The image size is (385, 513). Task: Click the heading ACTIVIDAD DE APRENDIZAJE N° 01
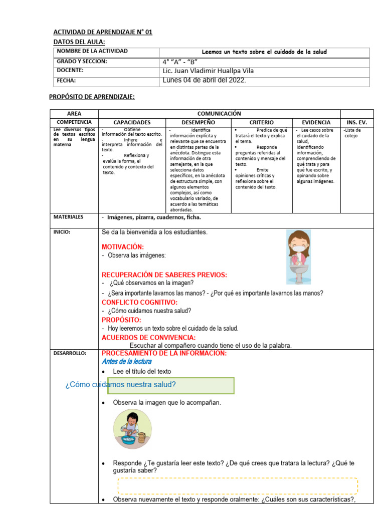click(102, 32)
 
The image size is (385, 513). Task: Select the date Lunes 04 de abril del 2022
click(204, 80)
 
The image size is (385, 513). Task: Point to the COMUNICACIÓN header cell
click(219, 114)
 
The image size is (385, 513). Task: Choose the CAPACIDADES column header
click(132, 122)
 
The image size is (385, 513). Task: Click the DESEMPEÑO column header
click(198, 122)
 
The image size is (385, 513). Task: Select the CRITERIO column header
click(261, 122)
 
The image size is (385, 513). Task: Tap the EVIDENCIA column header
click(316, 122)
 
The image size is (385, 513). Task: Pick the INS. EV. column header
click(356, 122)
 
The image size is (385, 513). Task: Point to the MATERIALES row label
click(69, 217)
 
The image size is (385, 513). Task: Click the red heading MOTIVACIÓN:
click(123, 247)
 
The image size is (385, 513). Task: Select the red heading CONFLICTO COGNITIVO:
click(139, 303)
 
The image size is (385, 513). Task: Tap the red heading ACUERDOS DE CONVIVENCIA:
click(148, 338)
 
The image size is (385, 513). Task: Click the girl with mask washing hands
click(299, 256)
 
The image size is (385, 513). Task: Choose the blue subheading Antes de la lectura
click(126, 361)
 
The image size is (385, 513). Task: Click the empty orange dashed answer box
click(238, 485)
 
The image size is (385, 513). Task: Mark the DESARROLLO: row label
click(70, 353)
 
